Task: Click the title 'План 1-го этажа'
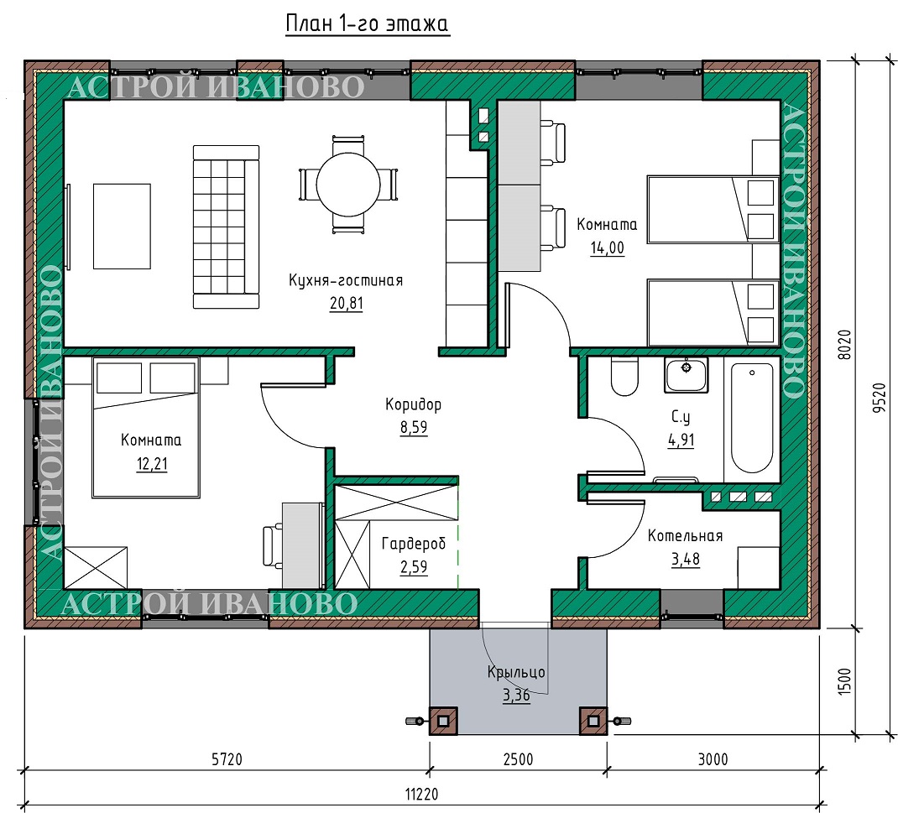367,24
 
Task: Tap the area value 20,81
346,303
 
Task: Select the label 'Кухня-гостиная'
346,280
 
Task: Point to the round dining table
348,184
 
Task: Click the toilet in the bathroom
624,377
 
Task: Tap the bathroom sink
687,374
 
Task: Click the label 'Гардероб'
414,543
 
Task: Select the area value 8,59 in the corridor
414,427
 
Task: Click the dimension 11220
421,794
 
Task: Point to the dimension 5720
227,759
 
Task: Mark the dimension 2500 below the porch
519,759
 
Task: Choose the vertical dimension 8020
844,344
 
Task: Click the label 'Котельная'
685,535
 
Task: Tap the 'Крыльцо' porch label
516,671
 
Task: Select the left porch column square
443,720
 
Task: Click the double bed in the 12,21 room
146,427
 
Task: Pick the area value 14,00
607,248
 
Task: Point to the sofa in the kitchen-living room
226,227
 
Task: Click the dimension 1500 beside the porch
844,681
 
